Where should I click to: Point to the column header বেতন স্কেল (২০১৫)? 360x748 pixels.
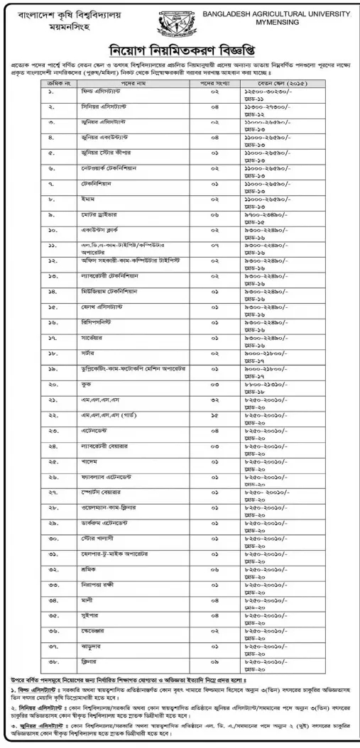coord(309,83)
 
